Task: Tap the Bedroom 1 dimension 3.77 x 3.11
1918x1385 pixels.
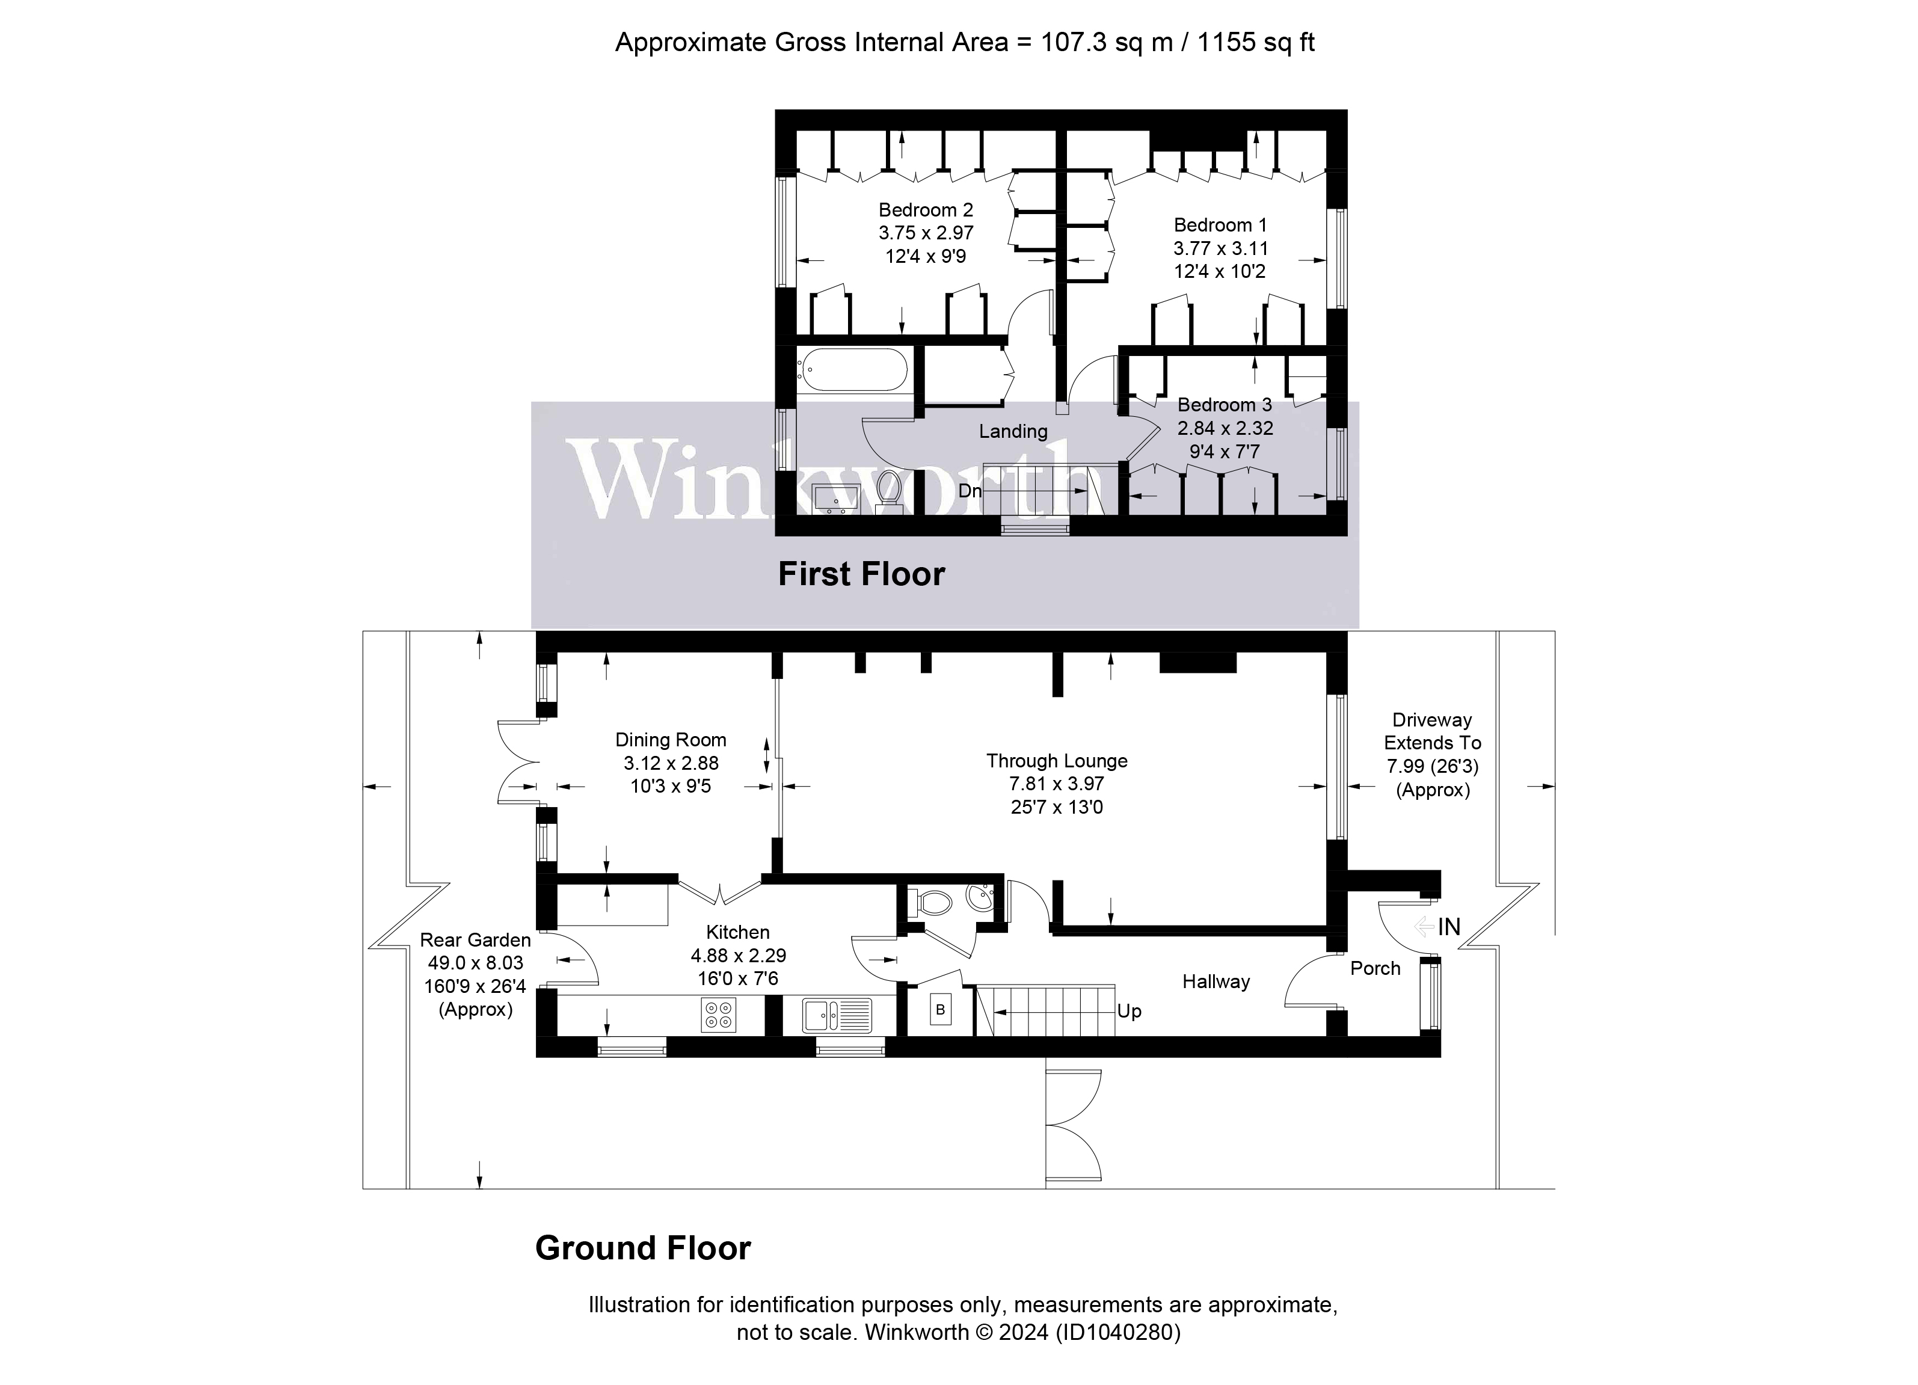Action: point(1220,248)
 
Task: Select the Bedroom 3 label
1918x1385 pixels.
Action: point(1224,405)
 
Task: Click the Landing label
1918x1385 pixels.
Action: point(1012,431)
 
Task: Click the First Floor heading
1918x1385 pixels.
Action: point(861,574)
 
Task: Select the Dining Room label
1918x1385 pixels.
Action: point(670,740)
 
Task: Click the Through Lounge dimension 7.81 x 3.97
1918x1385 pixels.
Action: point(1056,784)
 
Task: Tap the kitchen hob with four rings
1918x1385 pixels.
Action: point(718,1015)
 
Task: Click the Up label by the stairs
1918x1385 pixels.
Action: point(1128,1012)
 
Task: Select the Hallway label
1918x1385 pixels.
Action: point(1216,981)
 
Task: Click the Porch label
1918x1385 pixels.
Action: point(1374,969)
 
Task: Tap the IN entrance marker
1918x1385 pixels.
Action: point(1448,927)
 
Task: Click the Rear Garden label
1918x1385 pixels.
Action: point(475,940)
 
